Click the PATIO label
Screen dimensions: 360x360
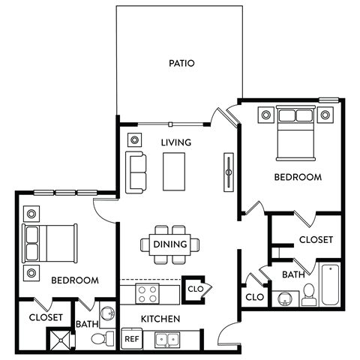(x=181, y=64)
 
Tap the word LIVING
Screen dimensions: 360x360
(x=176, y=142)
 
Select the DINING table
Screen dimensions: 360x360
(x=170, y=244)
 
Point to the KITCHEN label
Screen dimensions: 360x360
(x=161, y=319)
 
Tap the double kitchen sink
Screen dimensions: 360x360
(x=167, y=340)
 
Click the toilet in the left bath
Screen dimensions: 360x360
(x=100, y=338)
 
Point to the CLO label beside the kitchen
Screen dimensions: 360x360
(x=195, y=288)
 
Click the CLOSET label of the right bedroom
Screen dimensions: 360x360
(x=316, y=240)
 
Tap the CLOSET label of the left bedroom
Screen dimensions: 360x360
(x=45, y=318)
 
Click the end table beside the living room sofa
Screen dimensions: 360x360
(x=134, y=139)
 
